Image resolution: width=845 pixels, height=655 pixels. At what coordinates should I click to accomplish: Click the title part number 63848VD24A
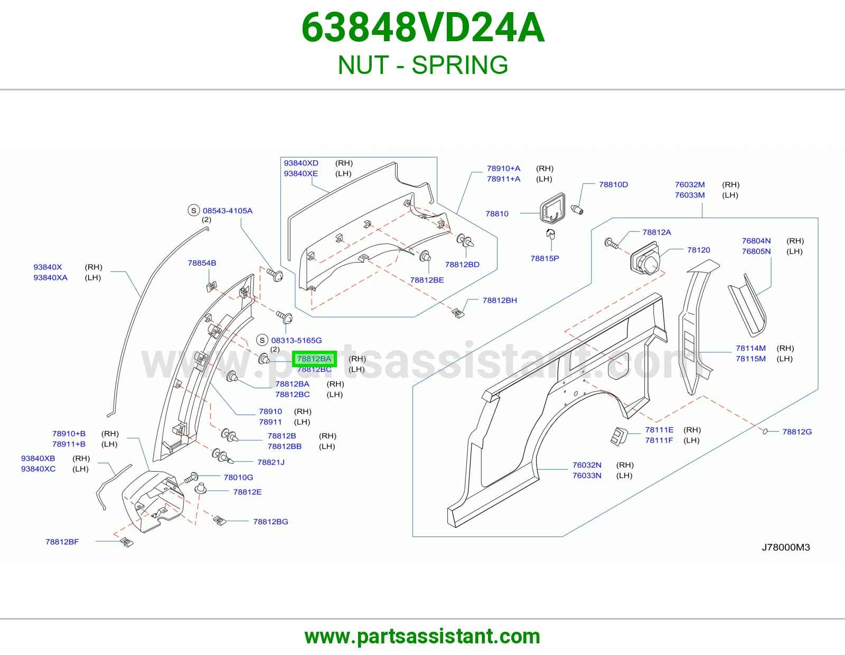click(422, 27)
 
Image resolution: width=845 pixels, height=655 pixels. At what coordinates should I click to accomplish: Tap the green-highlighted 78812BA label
click(314, 359)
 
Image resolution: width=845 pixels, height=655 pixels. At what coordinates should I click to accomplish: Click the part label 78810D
click(613, 184)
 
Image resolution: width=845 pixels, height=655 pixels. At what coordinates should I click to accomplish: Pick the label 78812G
click(797, 432)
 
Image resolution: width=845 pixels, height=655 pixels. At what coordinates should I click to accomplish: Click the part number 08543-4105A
click(228, 211)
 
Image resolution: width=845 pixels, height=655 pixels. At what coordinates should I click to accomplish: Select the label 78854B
click(202, 263)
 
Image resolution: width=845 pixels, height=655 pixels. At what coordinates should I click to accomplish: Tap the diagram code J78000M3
click(785, 547)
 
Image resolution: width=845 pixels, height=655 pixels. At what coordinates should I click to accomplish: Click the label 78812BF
click(62, 542)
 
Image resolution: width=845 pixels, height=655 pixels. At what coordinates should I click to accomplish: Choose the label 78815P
click(544, 258)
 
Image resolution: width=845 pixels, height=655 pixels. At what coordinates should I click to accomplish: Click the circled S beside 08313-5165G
click(262, 340)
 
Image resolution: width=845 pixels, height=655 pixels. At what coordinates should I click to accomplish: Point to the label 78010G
click(238, 477)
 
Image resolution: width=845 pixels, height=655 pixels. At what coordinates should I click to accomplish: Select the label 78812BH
click(500, 300)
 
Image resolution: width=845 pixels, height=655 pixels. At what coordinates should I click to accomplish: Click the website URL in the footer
click(422, 637)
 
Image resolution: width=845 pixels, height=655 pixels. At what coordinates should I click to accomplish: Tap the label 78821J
click(271, 462)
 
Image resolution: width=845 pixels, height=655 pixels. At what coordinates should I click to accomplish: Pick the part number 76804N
click(756, 241)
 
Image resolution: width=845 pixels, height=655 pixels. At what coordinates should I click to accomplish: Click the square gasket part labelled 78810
click(552, 209)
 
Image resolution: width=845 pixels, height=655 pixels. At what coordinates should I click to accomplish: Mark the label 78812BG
click(270, 521)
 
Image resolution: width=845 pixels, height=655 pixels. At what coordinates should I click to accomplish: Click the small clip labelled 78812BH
click(458, 313)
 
